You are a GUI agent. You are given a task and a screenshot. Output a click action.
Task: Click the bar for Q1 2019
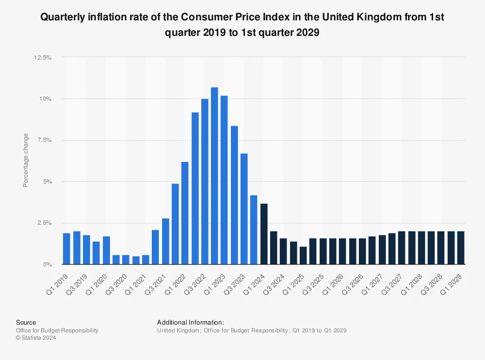[x=66, y=249]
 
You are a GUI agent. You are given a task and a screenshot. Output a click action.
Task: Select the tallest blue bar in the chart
[x=214, y=176]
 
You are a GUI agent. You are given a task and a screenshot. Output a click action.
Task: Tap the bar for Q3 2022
[x=205, y=182]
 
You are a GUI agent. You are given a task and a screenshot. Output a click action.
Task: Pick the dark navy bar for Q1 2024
[x=264, y=234]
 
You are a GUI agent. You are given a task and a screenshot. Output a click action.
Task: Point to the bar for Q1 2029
[x=461, y=248]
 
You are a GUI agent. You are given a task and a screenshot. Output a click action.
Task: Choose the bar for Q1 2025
[x=303, y=255]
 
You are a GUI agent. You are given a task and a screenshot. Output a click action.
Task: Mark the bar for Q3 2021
[x=165, y=241]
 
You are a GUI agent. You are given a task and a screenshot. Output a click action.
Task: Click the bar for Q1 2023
[x=224, y=180]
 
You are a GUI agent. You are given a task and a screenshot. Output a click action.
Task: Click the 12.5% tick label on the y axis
[x=43, y=58]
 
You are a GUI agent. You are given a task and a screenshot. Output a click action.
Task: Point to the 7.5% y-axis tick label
[x=45, y=140]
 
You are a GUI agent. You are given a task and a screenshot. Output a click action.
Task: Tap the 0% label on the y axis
[x=48, y=265]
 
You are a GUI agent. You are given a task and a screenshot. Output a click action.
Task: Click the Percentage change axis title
[x=26, y=160]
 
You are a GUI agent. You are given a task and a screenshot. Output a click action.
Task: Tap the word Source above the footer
[x=26, y=322]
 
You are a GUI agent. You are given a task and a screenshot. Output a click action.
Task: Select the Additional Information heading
[x=191, y=322]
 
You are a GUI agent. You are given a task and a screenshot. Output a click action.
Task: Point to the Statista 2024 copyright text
[x=36, y=338]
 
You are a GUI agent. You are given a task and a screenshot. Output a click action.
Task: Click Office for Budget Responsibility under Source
[x=57, y=330]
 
